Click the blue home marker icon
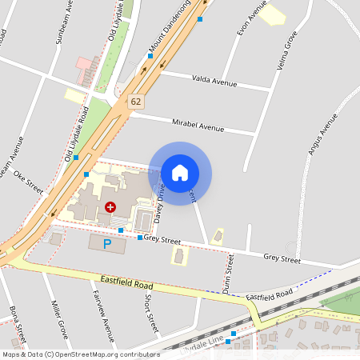[180, 172]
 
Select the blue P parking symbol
[107, 243]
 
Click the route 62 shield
[136, 102]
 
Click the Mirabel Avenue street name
[198, 125]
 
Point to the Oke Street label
[28, 185]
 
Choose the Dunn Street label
[230, 274]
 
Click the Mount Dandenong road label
[170, 34]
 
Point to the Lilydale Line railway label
[203, 342]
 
